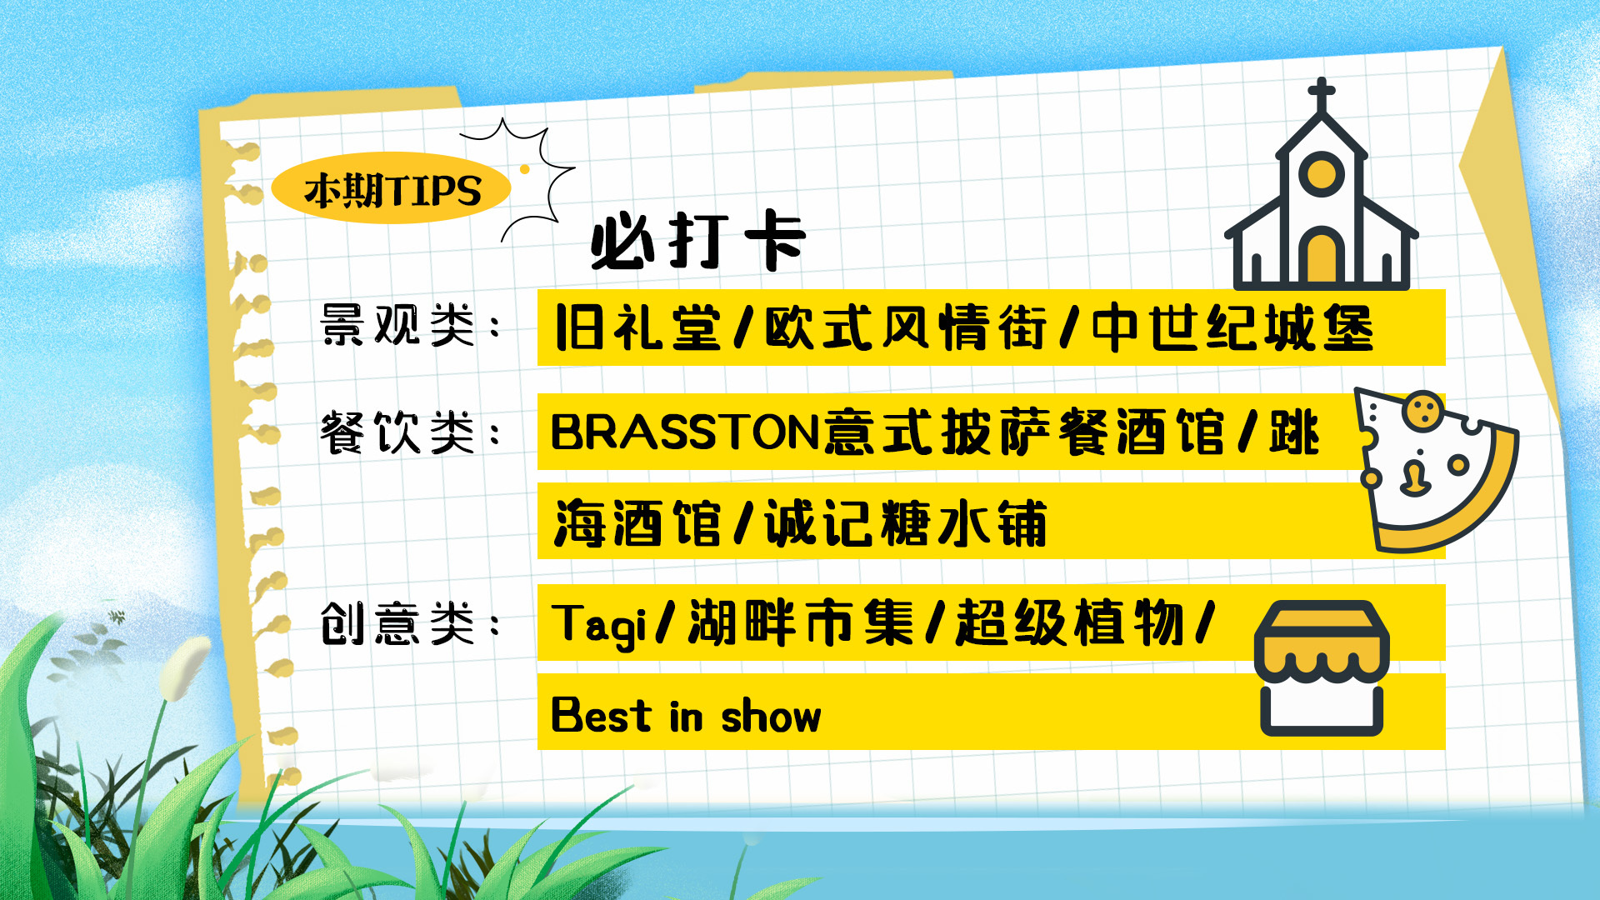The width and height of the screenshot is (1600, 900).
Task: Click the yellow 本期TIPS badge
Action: [391, 188]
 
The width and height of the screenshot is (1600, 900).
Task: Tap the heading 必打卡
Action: [698, 241]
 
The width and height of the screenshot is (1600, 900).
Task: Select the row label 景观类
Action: [397, 325]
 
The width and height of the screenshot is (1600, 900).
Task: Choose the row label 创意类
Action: [397, 623]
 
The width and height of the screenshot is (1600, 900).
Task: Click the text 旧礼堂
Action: [637, 327]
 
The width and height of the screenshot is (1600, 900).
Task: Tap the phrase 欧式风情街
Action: [906, 327]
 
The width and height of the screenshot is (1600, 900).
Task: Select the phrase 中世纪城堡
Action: [1232, 327]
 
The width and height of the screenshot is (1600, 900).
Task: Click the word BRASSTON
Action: [685, 432]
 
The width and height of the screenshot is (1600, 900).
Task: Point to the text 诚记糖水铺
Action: [906, 522]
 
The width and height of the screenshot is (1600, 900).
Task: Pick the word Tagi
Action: [598, 625]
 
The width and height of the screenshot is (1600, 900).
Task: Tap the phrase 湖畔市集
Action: [801, 622]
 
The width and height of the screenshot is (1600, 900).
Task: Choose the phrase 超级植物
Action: [1070, 622]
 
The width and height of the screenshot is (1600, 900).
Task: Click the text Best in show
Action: [686, 715]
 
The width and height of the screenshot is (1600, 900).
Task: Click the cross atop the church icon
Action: [1322, 94]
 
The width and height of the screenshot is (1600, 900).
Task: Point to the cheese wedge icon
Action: [1436, 470]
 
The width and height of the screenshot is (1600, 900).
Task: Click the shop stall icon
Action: [1322, 668]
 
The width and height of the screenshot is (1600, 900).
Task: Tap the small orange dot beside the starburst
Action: [525, 169]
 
